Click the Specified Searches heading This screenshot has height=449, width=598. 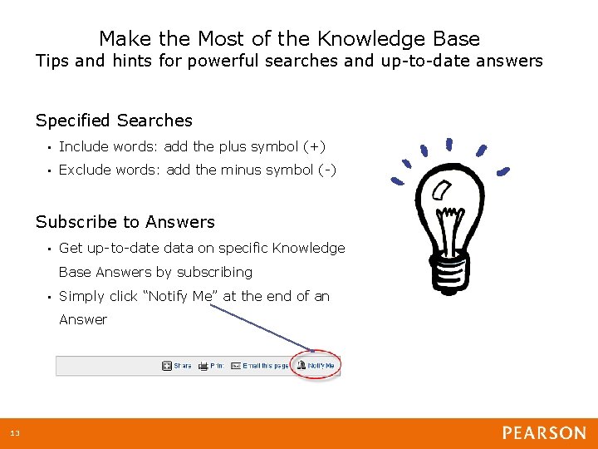click(x=114, y=121)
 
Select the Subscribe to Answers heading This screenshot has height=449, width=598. click(x=125, y=222)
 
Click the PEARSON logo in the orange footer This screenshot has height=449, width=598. click(x=543, y=433)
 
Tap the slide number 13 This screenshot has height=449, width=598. click(x=15, y=434)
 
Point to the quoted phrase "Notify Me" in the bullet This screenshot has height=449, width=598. click(x=180, y=296)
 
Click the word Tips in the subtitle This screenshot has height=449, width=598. click(x=52, y=61)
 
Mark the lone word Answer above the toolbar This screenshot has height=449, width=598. click(x=83, y=320)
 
